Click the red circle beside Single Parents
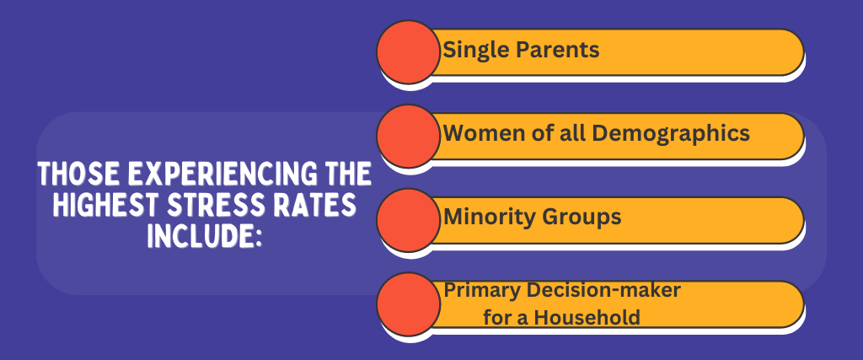coord(409,51)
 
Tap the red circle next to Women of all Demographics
coord(409,136)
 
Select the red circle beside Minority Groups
coord(409,220)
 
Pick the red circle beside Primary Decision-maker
coord(409,304)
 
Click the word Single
coord(475,51)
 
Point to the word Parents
coord(557,50)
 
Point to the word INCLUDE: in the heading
coord(204,235)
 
